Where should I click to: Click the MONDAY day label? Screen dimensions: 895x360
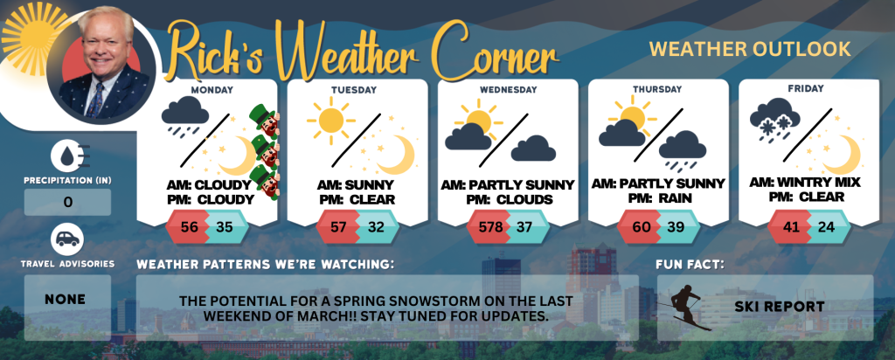[x=212, y=90]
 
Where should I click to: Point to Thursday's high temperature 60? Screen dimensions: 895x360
[x=642, y=227]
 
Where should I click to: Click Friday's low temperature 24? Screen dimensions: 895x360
[x=825, y=227]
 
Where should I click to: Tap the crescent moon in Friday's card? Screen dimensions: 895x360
[x=842, y=154]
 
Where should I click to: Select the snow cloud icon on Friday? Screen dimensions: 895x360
[x=774, y=119]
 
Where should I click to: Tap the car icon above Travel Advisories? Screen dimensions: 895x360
[x=67, y=239]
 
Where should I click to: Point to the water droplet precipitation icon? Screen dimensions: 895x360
[x=67, y=157]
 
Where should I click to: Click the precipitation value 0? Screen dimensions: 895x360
[x=68, y=203]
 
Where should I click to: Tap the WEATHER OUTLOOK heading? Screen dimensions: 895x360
[x=750, y=49]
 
